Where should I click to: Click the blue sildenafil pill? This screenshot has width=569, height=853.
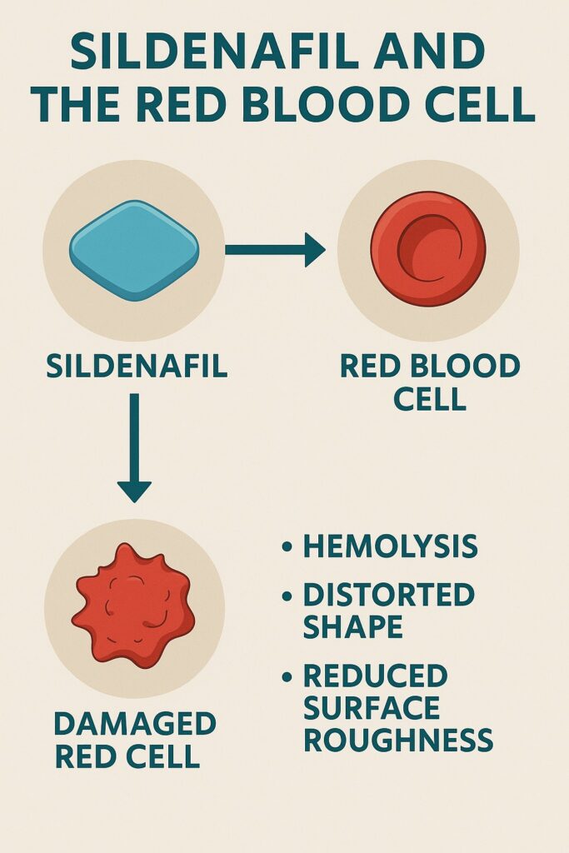(134, 251)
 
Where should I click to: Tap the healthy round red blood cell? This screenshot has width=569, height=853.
(428, 249)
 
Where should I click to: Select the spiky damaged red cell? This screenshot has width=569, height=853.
(133, 606)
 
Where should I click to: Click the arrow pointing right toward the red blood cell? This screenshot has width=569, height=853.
(275, 250)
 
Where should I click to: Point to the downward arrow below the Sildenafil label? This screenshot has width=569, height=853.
(134, 447)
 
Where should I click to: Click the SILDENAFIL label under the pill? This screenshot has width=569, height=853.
(137, 367)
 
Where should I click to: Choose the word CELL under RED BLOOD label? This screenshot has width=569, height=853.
(430, 399)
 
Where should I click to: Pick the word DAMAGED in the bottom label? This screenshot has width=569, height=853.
(135, 724)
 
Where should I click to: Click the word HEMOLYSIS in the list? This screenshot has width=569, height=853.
(390, 546)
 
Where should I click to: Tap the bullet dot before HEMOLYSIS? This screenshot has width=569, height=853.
(287, 546)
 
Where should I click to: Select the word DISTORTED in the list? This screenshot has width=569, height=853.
(388, 595)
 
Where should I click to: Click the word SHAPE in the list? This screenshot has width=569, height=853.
(352, 626)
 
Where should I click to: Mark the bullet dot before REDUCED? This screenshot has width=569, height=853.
(287, 676)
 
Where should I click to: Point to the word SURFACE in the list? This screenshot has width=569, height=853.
(371, 708)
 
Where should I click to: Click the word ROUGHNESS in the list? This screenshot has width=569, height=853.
(398, 741)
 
